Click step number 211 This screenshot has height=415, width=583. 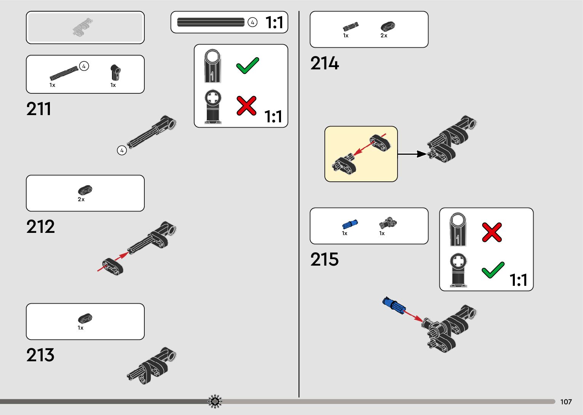tap(38, 109)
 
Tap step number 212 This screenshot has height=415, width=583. tap(40, 227)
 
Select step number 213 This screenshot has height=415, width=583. tap(40, 355)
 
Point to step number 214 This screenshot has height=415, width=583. tap(324, 63)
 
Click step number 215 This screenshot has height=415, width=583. tap(324, 260)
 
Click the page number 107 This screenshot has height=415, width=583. tap(566, 402)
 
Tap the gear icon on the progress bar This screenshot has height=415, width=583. tap(215, 401)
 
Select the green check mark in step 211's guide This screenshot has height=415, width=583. tap(248, 66)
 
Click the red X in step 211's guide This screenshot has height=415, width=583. tap(246, 106)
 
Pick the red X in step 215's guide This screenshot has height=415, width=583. tap(492, 232)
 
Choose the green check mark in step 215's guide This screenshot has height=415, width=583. tap(493, 270)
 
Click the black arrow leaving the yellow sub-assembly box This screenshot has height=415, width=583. tap(412, 154)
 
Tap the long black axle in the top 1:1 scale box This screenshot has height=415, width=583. tap(211, 22)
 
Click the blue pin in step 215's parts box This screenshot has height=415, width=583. tap(350, 224)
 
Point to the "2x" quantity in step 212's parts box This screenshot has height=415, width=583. tap(81, 199)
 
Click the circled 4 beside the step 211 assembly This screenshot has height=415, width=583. tap(122, 151)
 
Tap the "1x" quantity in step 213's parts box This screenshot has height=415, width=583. tap(80, 328)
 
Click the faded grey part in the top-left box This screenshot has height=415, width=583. tap(83, 27)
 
